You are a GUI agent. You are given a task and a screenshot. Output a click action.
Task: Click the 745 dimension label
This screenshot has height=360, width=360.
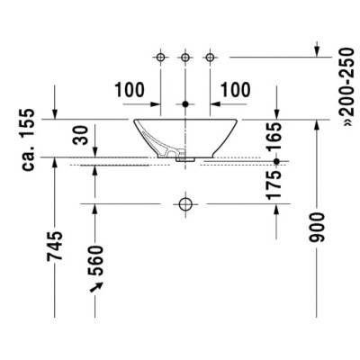tap(55, 246)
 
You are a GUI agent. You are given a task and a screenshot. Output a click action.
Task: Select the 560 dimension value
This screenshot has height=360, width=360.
tap(95, 260)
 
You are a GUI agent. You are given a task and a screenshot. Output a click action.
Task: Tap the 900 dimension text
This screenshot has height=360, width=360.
tap(317, 228)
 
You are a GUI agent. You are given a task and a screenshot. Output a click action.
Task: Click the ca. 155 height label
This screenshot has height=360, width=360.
tap(28, 139)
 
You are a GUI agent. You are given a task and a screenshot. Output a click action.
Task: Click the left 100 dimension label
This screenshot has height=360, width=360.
tap(130, 90)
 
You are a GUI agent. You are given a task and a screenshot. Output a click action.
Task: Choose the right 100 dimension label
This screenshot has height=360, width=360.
tap(236, 90)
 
